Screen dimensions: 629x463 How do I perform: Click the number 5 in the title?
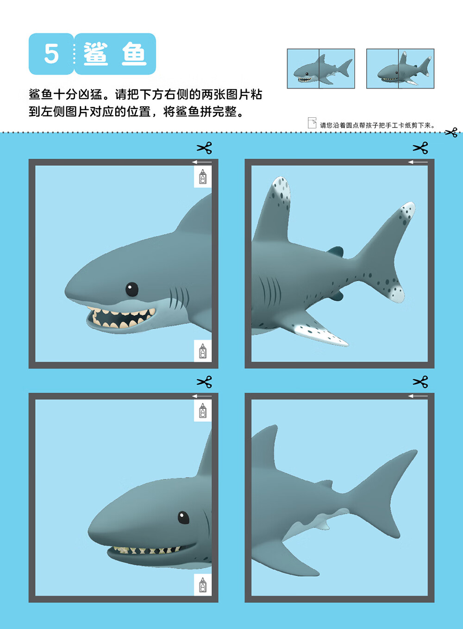pyautogui.click(x=51, y=54)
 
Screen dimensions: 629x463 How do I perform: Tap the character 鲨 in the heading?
pyautogui.click(x=96, y=54)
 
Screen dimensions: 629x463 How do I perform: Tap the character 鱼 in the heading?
pyautogui.click(x=134, y=54)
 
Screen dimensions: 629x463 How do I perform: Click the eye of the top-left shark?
pyautogui.click(x=132, y=289)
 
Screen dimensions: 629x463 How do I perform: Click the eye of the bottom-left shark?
pyautogui.click(x=183, y=517)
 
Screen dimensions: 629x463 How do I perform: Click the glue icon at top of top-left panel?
pyautogui.click(x=203, y=177)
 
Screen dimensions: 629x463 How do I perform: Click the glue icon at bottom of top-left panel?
pyautogui.click(x=203, y=351)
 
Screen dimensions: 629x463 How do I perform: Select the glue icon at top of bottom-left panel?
pyautogui.click(x=203, y=411)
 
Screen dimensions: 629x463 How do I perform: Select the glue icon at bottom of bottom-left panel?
pyautogui.click(x=203, y=585)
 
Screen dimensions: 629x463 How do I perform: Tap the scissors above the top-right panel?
pyautogui.click(x=420, y=148)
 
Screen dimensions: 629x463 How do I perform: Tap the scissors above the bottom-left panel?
pyautogui.click(x=204, y=382)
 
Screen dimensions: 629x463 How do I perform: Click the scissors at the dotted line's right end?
pyautogui.click(x=451, y=133)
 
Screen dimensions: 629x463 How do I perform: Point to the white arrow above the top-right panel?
pyautogui.click(x=418, y=162)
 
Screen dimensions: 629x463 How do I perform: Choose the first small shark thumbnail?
pyautogui.click(x=321, y=69)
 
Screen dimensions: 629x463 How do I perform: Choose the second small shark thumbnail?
pyautogui.click(x=400, y=69)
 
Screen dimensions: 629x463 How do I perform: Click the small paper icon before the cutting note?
pyautogui.click(x=312, y=123)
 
